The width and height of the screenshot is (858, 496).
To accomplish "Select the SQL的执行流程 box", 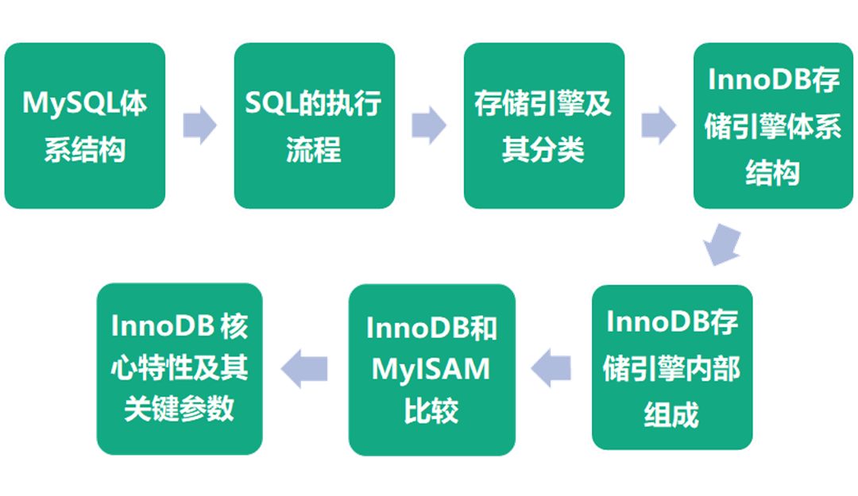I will tap(314, 125).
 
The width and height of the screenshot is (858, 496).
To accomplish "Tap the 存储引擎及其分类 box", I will tap(543, 125).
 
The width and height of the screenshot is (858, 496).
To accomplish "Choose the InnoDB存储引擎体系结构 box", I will tap(772, 125).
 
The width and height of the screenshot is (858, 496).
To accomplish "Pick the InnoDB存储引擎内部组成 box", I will tap(672, 367).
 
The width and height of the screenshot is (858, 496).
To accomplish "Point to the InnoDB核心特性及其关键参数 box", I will tap(180, 367).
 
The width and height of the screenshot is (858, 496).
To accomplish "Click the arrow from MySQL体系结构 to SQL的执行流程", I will tap(199, 125).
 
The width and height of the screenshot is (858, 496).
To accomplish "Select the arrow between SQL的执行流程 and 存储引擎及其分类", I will tap(429, 125).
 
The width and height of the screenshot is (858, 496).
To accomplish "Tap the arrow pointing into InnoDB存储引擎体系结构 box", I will tap(659, 125).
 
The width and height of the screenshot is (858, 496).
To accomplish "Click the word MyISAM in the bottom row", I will tap(431, 369).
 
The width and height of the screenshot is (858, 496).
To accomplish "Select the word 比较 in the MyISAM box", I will tap(431, 410).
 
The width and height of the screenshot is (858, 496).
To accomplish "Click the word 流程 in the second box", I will tap(314, 148).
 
